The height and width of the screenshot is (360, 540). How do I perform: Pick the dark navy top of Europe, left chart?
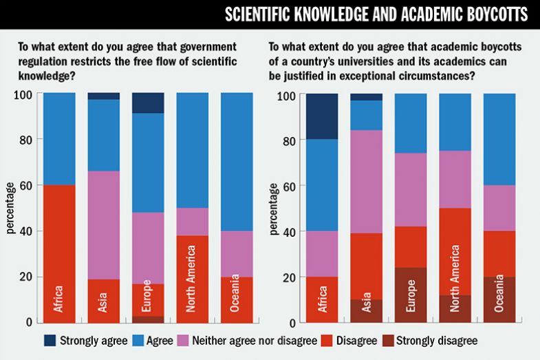pyautogui.click(x=148, y=103)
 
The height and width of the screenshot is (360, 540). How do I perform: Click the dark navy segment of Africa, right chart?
pyautogui.click(x=322, y=116)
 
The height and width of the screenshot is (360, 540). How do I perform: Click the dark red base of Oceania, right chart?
pyautogui.click(x=499, y=299)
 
